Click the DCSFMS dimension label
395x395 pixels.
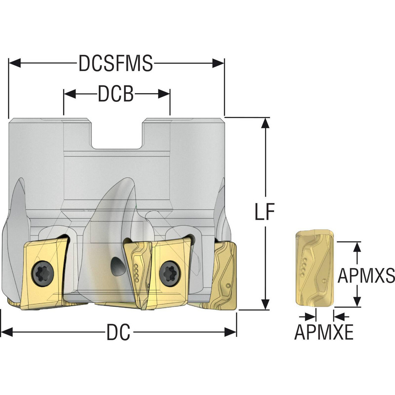[x=116, y=63]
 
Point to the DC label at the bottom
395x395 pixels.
[x=118, y=333]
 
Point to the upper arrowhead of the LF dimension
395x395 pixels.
[x=265, y=123]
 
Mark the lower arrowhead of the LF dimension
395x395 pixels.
[x=265, y=304]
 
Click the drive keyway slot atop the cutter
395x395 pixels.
[x=117, y=134]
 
